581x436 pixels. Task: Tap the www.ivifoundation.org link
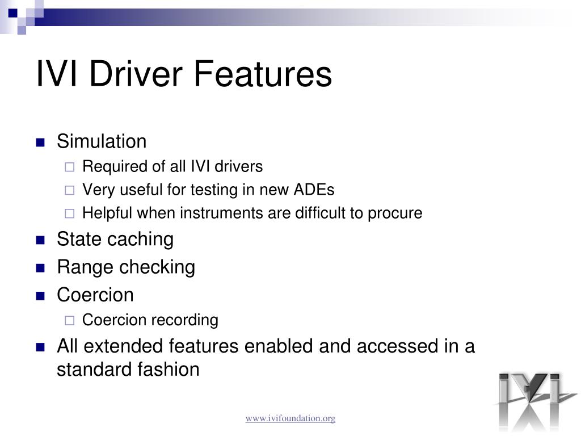290,418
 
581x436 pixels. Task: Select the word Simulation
102,141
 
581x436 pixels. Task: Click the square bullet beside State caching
40,240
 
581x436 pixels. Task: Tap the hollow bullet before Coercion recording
69,321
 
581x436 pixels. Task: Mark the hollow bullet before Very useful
69,190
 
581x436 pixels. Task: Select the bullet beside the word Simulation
40,142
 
